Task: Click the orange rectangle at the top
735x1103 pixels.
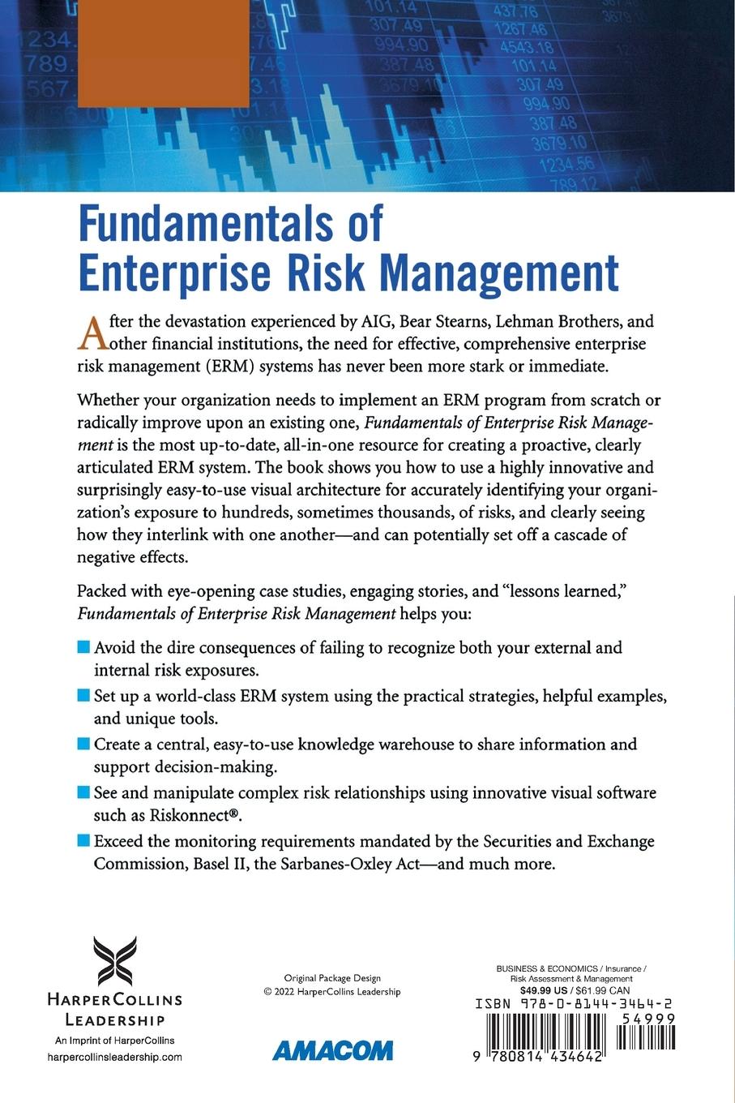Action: click(162, 52)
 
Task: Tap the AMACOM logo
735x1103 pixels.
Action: click(332, 1050)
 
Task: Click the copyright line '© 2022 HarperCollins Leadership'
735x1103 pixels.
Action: click(332, 992)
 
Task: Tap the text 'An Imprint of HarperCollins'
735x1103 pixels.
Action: click(114, 1041)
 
